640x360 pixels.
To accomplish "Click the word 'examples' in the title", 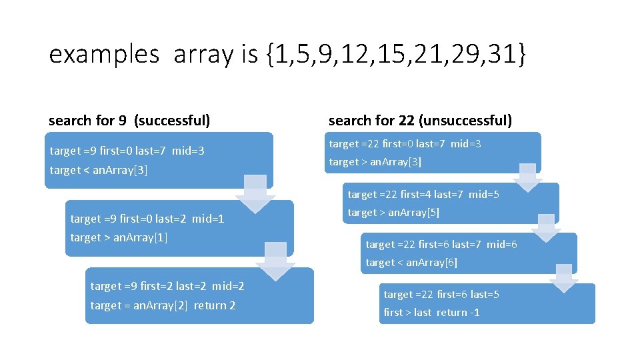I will coord(104,55).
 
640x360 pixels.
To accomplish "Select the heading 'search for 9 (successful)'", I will coord(129,121).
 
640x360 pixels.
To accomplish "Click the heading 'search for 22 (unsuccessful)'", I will coord(420,121).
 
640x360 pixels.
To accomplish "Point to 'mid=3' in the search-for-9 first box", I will coord(188,151).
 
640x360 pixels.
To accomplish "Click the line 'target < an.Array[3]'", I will coord(99,170).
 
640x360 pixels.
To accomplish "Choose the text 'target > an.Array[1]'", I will coord(119,237).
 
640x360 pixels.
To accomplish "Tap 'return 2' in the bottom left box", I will coord(215,305).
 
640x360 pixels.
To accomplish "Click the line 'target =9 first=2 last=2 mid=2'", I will coord(167,286).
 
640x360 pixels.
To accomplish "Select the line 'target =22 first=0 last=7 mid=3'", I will coord(405,144).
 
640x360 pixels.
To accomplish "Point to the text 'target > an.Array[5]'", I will coord(393,213).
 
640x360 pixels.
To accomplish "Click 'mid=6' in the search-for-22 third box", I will coord(501,245).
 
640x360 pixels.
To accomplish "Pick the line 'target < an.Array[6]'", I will coord(411,263).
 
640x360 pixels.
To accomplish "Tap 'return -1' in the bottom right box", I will coord(458,312).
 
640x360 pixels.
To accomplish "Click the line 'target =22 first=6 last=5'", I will coord(441,294).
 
